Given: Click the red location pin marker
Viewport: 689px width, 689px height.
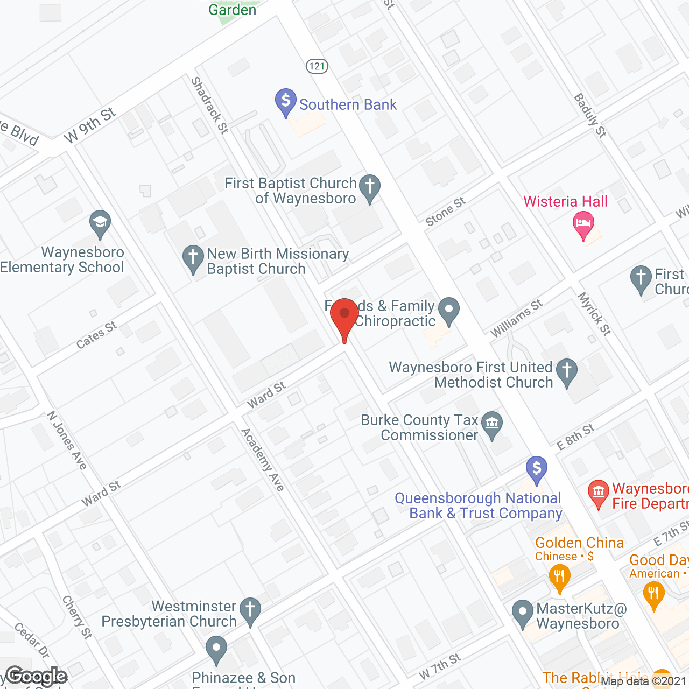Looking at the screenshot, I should tap(344, 315).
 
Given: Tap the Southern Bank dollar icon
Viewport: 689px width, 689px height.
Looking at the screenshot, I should tap(286, 101).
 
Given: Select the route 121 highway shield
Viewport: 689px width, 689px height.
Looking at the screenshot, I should tap(317, 66).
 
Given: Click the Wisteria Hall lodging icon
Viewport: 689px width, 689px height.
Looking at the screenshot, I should tap(583, 223).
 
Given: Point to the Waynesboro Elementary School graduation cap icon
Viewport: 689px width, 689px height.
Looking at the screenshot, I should tap(100, 222).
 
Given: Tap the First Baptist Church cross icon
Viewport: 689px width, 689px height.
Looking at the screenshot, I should tap(370, 187).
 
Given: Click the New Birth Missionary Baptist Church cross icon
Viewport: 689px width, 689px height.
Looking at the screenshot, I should tap(193, 257).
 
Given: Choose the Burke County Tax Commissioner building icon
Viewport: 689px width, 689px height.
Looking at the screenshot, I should tap(491, 424).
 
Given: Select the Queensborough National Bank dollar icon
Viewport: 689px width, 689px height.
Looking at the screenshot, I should tap(536, 468).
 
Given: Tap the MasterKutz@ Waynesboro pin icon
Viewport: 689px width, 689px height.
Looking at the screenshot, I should tap(522, 613).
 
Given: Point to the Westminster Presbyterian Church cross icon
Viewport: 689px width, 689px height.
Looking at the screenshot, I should tap(250, 610).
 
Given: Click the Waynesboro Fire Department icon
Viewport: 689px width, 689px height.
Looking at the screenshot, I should tap(598, 492).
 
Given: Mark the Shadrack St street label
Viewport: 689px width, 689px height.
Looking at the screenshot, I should tap(209, 105).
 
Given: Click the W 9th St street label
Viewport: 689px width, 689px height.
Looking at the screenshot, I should tap(89, 125).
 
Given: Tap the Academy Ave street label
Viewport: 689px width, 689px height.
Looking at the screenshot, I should tap(262, 460).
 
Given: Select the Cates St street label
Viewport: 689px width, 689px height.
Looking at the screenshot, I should tap(96, 335).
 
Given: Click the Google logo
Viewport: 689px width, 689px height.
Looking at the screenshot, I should tap(37, 676).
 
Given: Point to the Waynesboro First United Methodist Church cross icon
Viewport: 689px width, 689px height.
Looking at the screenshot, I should tap(566, 371).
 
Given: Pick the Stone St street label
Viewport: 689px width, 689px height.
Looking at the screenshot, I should tap(445, 212).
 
